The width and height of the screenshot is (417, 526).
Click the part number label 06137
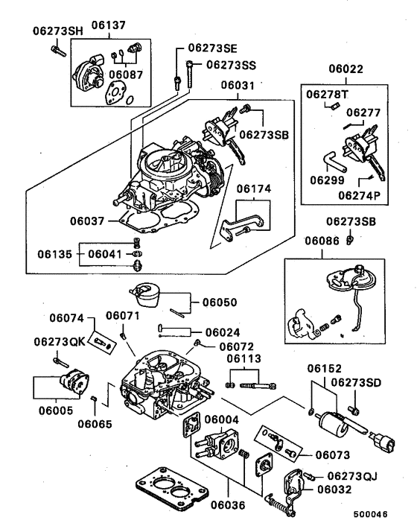pyautogui.click(x=108, y=25)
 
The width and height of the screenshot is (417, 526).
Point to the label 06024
pyautogui.click(x=222, y=332)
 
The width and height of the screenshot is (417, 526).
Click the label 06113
pyautogui.click(x=244, y=359)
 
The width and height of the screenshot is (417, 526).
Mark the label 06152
pyautogui.click(x=325, y=368)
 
